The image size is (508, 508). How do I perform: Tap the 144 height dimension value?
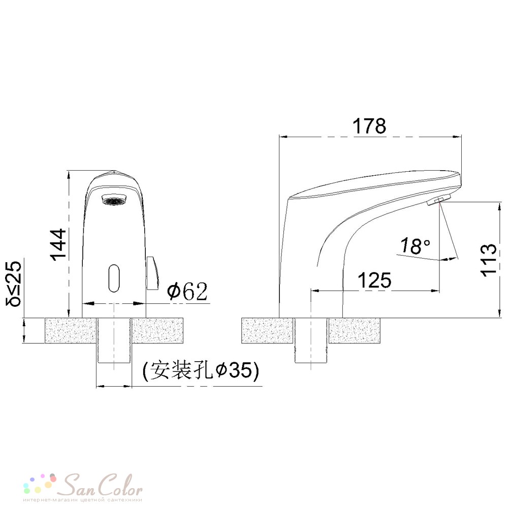pyautogui.click(x=58, y=244)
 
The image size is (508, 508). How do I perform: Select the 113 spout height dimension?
pyautogui.click(x=488, y=260)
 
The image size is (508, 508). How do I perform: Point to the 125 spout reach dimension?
pyautogui.click(x=374, y=280)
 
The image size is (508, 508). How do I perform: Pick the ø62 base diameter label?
pyautogui.click(x=187, y=291)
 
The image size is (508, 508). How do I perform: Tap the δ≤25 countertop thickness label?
pyautogui.click(x=14, y=283)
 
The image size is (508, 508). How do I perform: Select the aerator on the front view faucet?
pyautogui.click(x=114, y=200)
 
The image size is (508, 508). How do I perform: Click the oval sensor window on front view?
pyautogui.click(x=114, y=278)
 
